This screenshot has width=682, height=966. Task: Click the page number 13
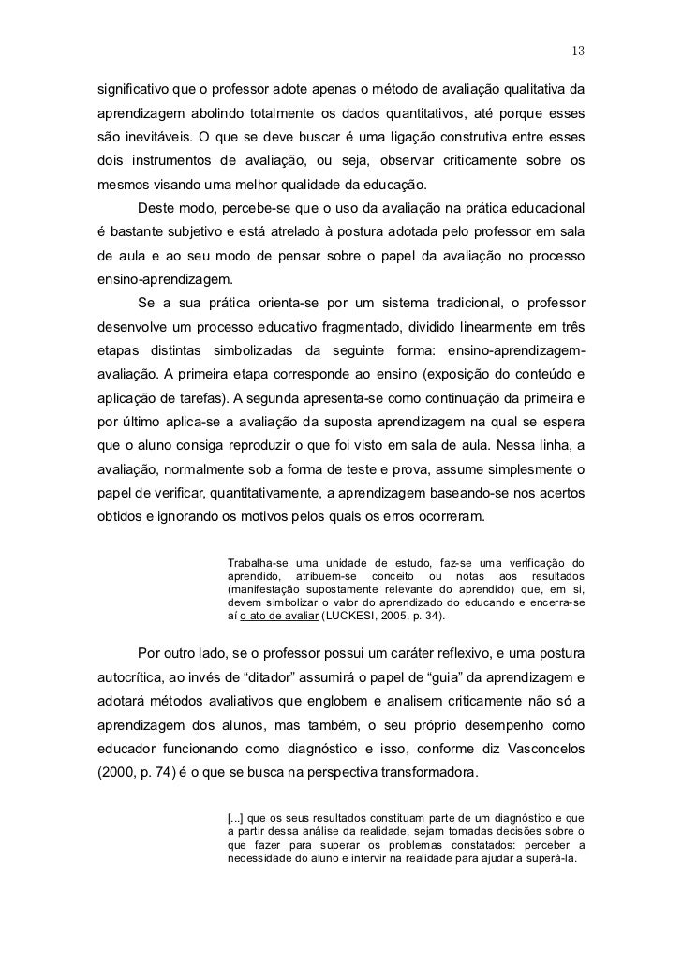[x=578, y=50]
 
